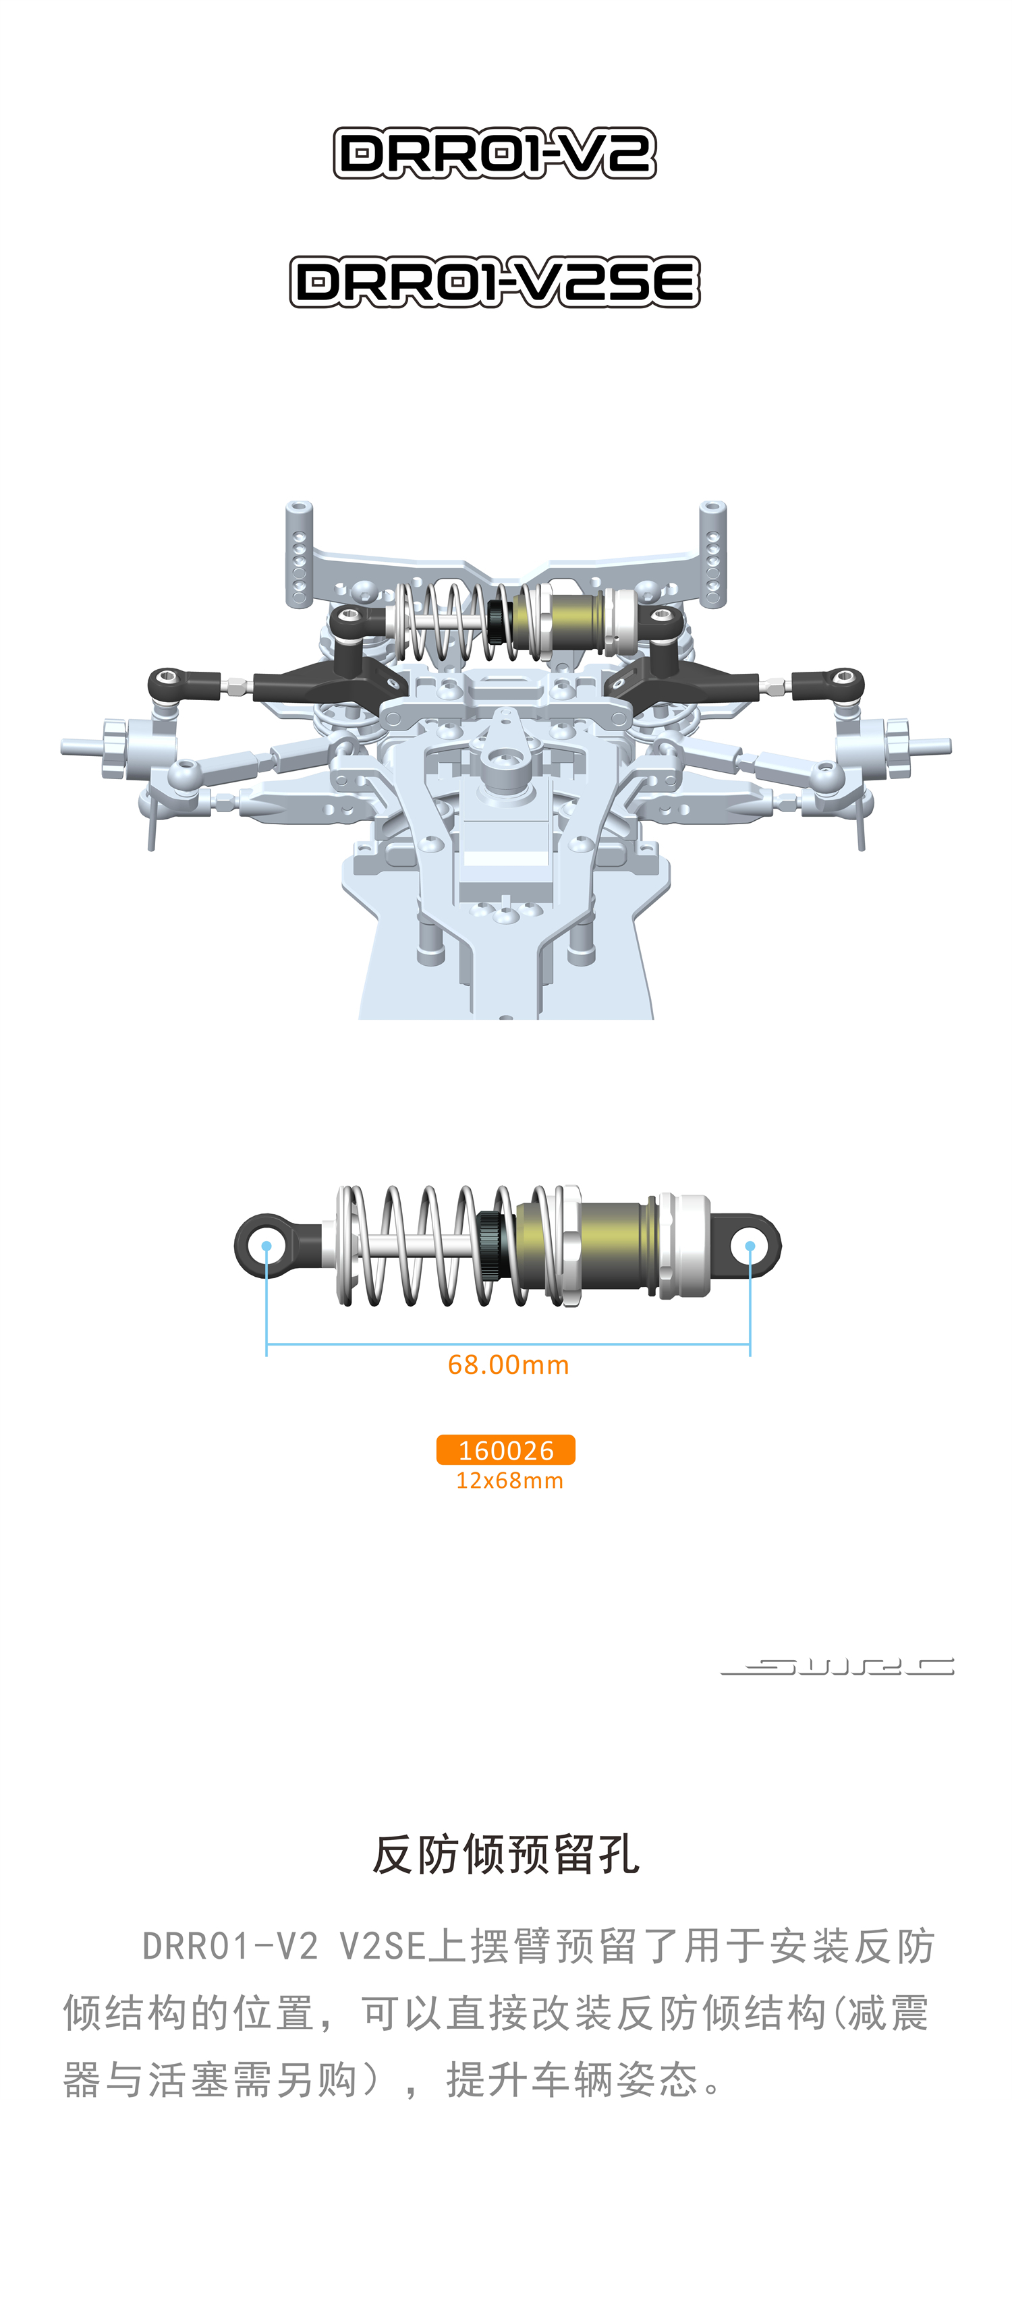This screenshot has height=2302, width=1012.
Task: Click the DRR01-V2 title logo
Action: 495,153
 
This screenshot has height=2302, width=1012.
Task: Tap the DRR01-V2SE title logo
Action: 495,283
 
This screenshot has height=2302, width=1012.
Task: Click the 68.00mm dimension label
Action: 508,1364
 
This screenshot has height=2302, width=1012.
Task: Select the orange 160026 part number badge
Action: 505,1449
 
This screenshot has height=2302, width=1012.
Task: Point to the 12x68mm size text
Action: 509,1480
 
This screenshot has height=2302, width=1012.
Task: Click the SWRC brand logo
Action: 838,1666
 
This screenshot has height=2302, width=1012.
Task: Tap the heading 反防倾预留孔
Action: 506,1854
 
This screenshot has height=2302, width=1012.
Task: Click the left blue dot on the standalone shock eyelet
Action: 266,1246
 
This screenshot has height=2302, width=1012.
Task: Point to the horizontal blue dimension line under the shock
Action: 508,1343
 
